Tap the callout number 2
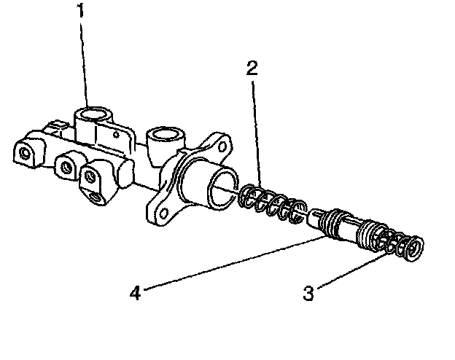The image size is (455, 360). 252,69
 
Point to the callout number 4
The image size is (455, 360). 134,293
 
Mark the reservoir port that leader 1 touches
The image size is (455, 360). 92,114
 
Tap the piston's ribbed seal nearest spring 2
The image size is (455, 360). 333,219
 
